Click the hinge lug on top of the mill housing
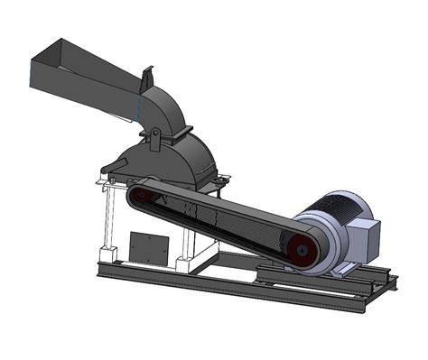(x=155, y=135)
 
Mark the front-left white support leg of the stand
(x=107, y=226)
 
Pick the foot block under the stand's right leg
(x=184, y=266)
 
